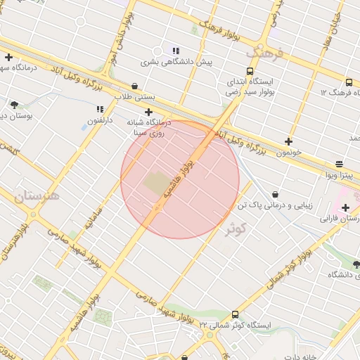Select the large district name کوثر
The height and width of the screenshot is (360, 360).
point(238,229)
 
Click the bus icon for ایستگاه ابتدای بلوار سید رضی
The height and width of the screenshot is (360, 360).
point(250,71)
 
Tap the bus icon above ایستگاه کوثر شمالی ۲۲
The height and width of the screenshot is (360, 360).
point(235,314)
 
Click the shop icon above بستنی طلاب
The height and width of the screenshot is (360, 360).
point(134,86)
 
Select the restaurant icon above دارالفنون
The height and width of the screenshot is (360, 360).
point(100,110)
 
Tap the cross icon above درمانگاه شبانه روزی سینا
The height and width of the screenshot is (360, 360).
point(148,112)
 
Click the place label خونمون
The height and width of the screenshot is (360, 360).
point(289,152)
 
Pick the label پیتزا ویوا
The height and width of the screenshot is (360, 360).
point(337,174)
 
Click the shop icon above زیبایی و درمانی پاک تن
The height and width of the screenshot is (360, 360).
point(274,194)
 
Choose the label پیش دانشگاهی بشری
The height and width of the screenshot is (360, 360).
point(176,62)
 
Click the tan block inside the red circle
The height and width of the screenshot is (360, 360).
point(155,184)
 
